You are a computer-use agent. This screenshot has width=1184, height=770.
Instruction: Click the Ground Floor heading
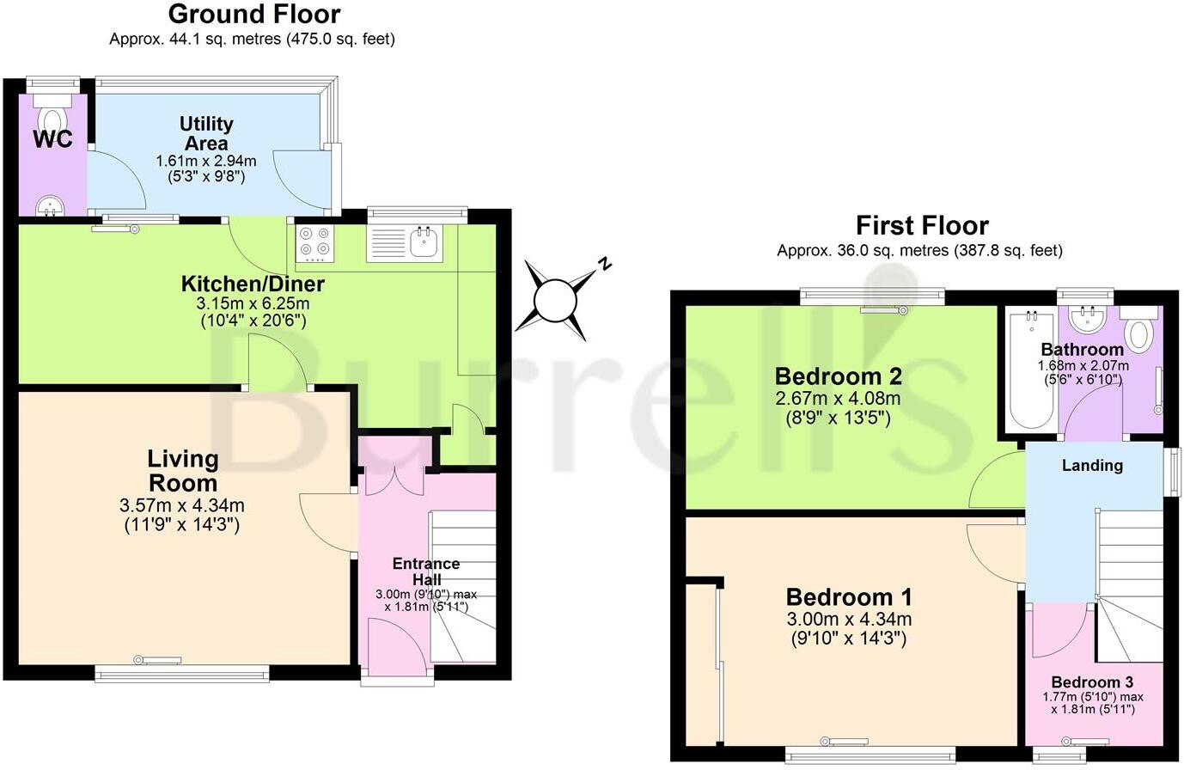point(253,15)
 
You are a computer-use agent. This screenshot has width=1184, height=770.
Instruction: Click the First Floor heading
point(922,226)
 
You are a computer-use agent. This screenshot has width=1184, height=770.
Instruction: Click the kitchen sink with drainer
point(404,242)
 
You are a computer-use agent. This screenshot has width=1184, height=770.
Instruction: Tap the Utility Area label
point(206,133)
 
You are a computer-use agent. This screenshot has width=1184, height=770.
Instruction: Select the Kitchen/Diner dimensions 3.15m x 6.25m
point(253,304)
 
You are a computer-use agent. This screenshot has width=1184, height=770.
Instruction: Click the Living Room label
point(183,470)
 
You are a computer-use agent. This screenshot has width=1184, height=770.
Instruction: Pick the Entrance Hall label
point(426,571)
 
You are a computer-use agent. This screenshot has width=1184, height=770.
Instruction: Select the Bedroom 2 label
point(838,376)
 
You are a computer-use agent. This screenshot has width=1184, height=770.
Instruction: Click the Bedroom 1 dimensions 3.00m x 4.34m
point(849,620)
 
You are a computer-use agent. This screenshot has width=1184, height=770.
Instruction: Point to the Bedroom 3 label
point(1092,682)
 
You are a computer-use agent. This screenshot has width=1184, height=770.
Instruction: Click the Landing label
point(1092,466)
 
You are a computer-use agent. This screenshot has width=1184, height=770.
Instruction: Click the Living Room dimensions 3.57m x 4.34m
point(182,505)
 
